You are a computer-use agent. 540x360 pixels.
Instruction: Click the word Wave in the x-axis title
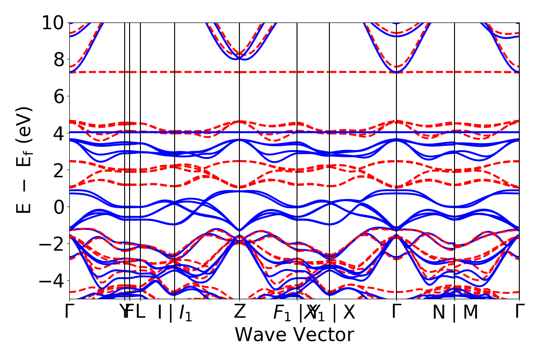pos(262,335)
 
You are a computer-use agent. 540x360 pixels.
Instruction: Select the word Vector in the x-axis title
pos(323,335)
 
